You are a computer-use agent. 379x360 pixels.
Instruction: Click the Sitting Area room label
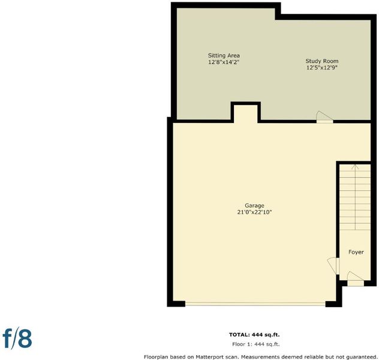(224, 56)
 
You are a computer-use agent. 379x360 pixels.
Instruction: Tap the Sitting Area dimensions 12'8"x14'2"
(224, 62)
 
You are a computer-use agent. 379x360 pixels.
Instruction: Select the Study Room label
(321, 61)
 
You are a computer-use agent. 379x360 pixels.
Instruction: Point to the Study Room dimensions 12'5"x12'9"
(321, 67)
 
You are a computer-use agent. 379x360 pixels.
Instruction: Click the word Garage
(254, 206)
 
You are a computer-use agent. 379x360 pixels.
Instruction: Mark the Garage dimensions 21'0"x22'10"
(254, 212)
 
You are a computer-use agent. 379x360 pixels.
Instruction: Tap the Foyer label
(356, 252)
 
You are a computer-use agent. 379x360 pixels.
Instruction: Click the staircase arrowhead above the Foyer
(355, 166)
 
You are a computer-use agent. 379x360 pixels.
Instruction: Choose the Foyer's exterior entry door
(356, 279)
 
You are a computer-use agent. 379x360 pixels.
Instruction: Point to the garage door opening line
(255, 304)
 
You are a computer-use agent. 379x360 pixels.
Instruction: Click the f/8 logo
(17, 338)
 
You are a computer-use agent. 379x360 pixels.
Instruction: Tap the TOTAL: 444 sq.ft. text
(254, 335)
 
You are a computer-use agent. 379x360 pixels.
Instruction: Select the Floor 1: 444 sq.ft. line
(255, 344)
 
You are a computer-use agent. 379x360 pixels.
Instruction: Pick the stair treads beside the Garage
(355, 197)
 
